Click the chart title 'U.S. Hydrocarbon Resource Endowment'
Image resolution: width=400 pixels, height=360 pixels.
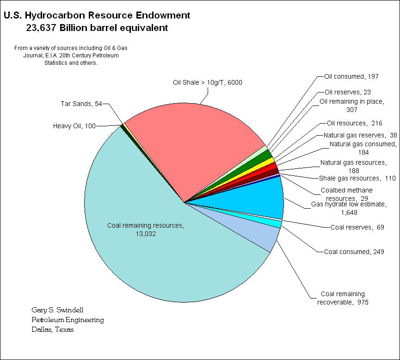[97, 15]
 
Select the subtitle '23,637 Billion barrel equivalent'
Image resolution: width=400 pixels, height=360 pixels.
[97, 28]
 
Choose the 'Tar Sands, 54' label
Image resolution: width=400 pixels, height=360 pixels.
[81, 104]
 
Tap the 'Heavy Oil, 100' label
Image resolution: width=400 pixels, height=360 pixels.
[74, 126]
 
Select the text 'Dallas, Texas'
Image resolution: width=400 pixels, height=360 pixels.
[52, 329]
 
